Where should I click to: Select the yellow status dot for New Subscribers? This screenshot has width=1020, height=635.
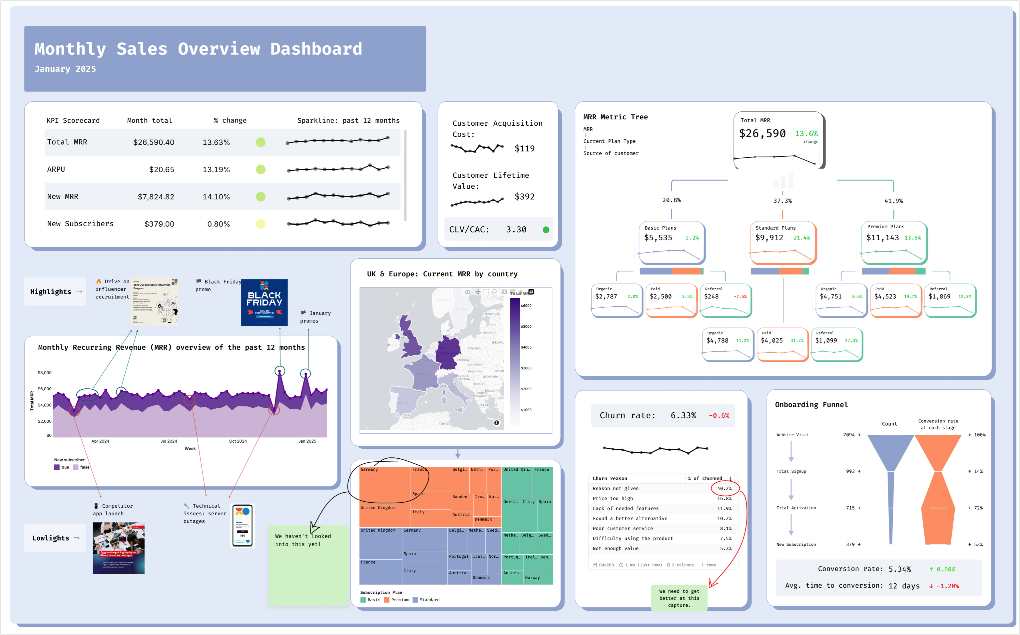[x=260, y=224]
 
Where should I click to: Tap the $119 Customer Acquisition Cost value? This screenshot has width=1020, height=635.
[x=524, y=149]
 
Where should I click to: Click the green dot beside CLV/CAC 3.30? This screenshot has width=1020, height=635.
[x=546, y=230]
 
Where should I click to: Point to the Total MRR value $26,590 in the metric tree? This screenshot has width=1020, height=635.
[x=762, y=134]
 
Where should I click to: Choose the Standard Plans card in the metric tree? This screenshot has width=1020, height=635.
[x=783, y=243]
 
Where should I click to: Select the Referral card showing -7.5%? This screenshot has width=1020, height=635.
[x=726, y=301]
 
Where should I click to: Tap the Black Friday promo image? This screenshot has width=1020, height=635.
[x=264, y=302]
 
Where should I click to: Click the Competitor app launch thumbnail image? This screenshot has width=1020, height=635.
[x=119, y=548]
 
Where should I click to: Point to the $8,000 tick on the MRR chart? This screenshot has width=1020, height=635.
[x=45, y=373]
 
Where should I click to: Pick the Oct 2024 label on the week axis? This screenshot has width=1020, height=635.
[x=238, y=441]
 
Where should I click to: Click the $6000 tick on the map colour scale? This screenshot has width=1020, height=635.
[x=526, y=306]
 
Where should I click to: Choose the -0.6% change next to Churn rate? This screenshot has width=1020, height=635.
[x=719, y=416]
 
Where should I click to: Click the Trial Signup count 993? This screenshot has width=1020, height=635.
[x=850, y=472]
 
